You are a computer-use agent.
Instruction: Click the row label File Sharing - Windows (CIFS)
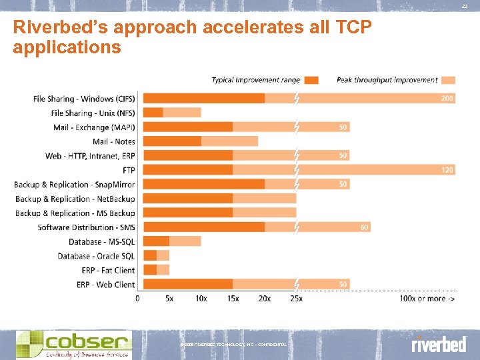[x=84, y=99]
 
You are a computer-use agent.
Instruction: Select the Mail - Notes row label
[x=113, y=141]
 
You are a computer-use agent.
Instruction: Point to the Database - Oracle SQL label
[x=96, y=256]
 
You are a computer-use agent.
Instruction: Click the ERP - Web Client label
[x=107, y=285]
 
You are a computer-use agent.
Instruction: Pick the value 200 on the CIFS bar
[x=447, y=99]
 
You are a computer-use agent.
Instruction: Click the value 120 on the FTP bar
[x=447, y=170]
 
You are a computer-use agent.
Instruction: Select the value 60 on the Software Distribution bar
[x=364, y=227]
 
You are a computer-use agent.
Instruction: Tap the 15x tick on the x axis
[x=233, y=299]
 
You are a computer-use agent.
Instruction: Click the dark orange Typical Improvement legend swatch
[x=311, y=80]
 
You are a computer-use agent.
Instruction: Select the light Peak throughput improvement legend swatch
[x=449, y=80]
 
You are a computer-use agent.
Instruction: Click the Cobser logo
[x=73, y=345]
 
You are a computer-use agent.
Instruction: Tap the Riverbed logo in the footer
[x=438, y=345]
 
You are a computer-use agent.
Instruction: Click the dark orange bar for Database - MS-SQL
[x=157, y=241]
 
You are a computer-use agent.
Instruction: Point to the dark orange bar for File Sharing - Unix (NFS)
[x=153, y=113]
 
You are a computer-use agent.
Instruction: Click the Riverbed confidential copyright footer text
[x=233, y=344]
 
